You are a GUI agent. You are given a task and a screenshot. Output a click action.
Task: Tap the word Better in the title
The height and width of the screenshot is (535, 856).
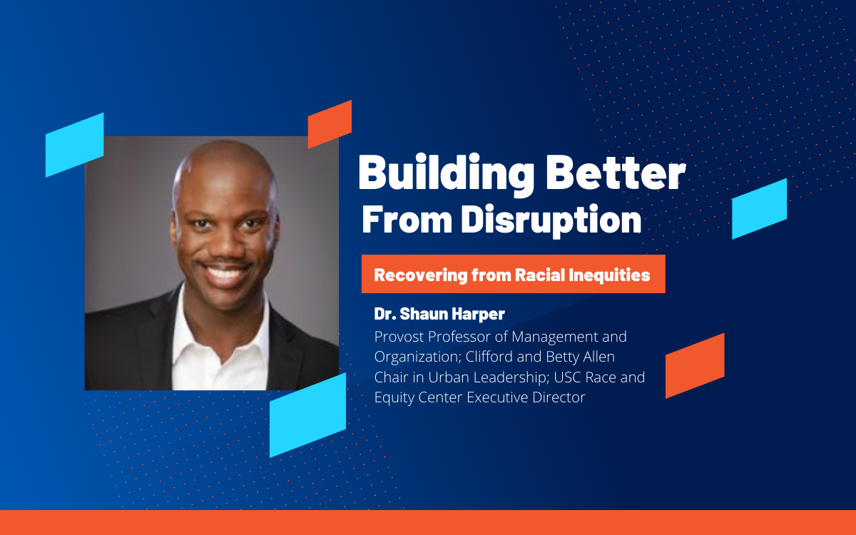click(x=616, y=173)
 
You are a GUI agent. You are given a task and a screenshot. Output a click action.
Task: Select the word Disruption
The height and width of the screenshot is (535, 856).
click(x=551, y=220)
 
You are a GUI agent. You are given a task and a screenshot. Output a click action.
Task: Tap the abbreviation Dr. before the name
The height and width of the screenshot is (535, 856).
click(x=384, y=314)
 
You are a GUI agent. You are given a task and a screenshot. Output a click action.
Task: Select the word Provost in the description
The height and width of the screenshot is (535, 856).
click(x=399, y=337)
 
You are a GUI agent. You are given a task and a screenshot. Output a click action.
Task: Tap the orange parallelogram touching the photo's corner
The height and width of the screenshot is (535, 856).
click(x=330, y=124)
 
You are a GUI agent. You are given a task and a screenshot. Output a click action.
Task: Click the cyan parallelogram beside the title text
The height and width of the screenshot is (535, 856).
click(x=759, y=208)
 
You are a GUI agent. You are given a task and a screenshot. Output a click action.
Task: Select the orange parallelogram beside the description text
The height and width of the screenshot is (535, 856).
click(x=695, y=366)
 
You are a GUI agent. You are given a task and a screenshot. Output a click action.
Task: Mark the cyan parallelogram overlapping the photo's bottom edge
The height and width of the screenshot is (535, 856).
click(x=307, y=415)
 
